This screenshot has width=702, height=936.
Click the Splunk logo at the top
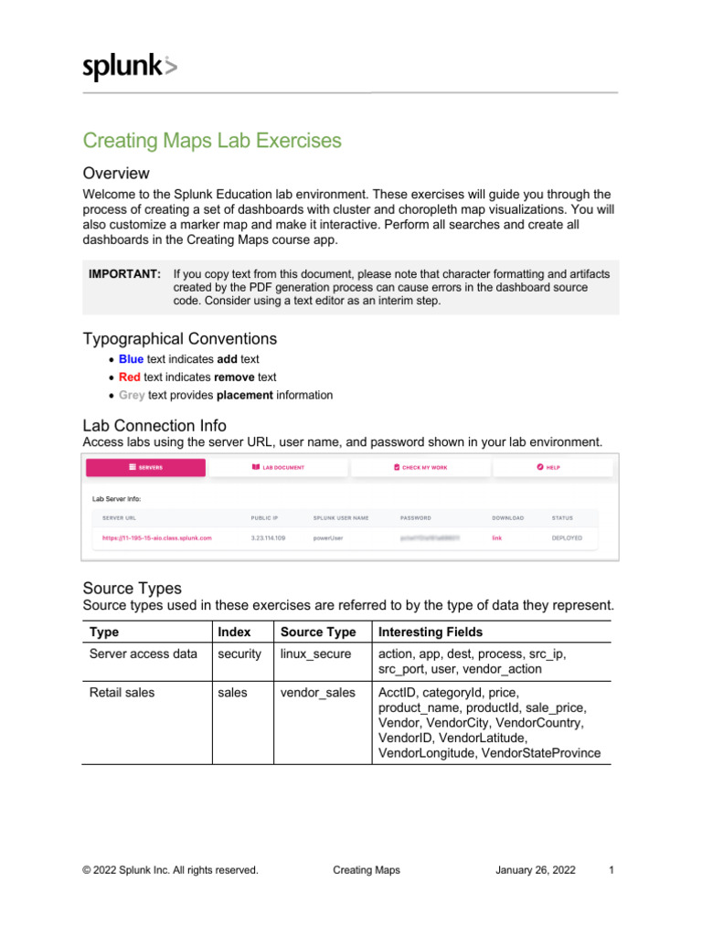[130, 68]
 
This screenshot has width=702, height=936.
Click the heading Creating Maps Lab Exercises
[212, 141]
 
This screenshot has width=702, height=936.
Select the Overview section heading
[116, 173]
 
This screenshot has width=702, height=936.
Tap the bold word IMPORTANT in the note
[124, 274]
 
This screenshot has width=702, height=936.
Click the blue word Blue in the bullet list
[131, 359]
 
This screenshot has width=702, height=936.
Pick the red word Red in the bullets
[129, 378]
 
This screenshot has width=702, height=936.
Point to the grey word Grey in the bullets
[132, 396]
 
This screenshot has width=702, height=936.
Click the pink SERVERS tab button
[145, 467]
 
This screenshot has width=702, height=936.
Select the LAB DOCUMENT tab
[278, 467]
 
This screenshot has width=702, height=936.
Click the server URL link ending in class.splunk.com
[156, 538]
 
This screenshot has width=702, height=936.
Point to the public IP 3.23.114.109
[268, 538]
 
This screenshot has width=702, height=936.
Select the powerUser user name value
[328, 538]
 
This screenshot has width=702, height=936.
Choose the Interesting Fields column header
[430, 633]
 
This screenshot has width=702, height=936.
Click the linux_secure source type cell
[317, 654]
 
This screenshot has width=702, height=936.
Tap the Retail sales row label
[122, 693]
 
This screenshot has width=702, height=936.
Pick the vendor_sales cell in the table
[317, 693]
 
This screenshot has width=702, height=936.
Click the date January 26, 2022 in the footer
[536, 870]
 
